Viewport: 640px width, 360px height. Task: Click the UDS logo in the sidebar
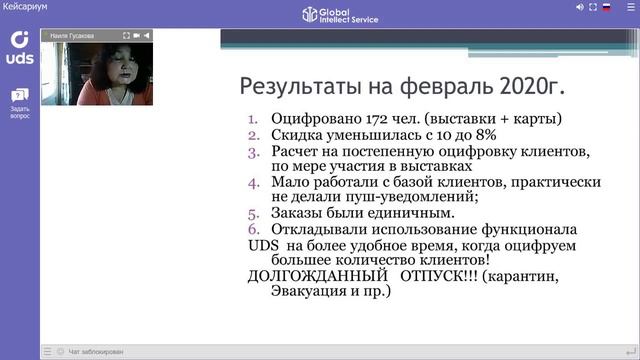pyautogui.click(x=20, y=46)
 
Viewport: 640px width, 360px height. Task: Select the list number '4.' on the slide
pyautogui.click(x=252, y=183)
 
